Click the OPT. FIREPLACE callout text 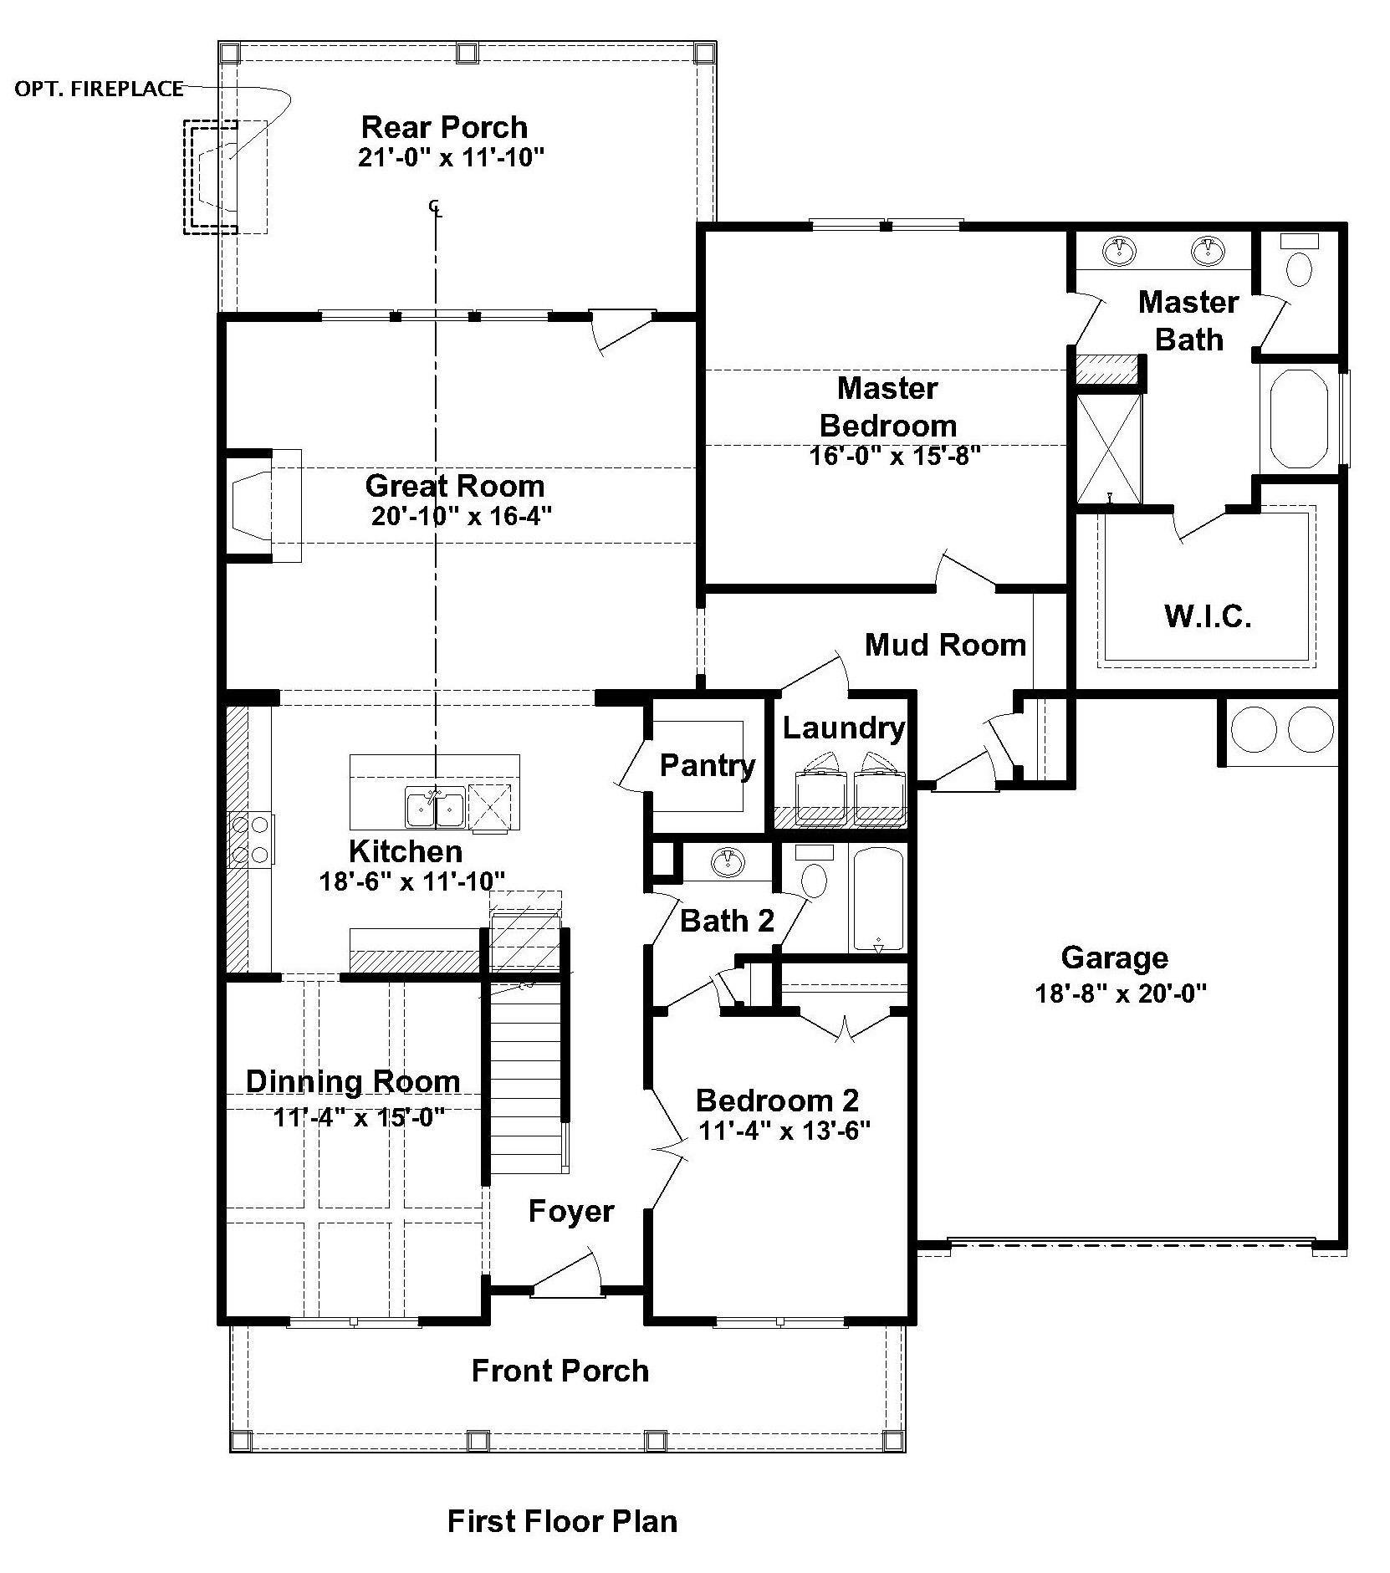(99, 89)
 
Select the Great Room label (455, 486)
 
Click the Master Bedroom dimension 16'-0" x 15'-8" (894, 456)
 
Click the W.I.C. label (1208, 617)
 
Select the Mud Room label (945, 644)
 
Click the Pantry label (708, 765)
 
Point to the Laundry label (843, 728)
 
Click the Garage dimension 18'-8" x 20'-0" (1121, 993)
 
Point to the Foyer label (571, 1211)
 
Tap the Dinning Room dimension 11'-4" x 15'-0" (358, 1117)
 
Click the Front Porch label (560, 1371)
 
